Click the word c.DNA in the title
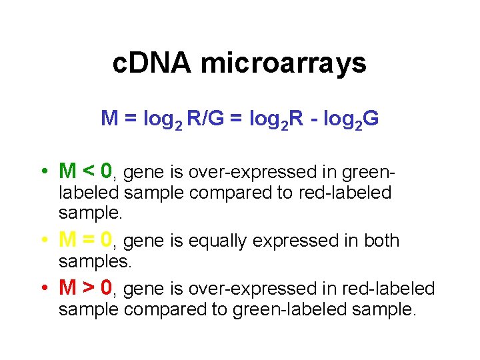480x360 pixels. pyautogui.click(x=152, y=63)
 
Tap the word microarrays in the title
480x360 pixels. pyautogui.click(x=283, y=63)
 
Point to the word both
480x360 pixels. pyautogui.click(x=381, y=240)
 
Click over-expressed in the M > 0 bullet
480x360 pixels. pyautogui.click(x=238, y=289)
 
